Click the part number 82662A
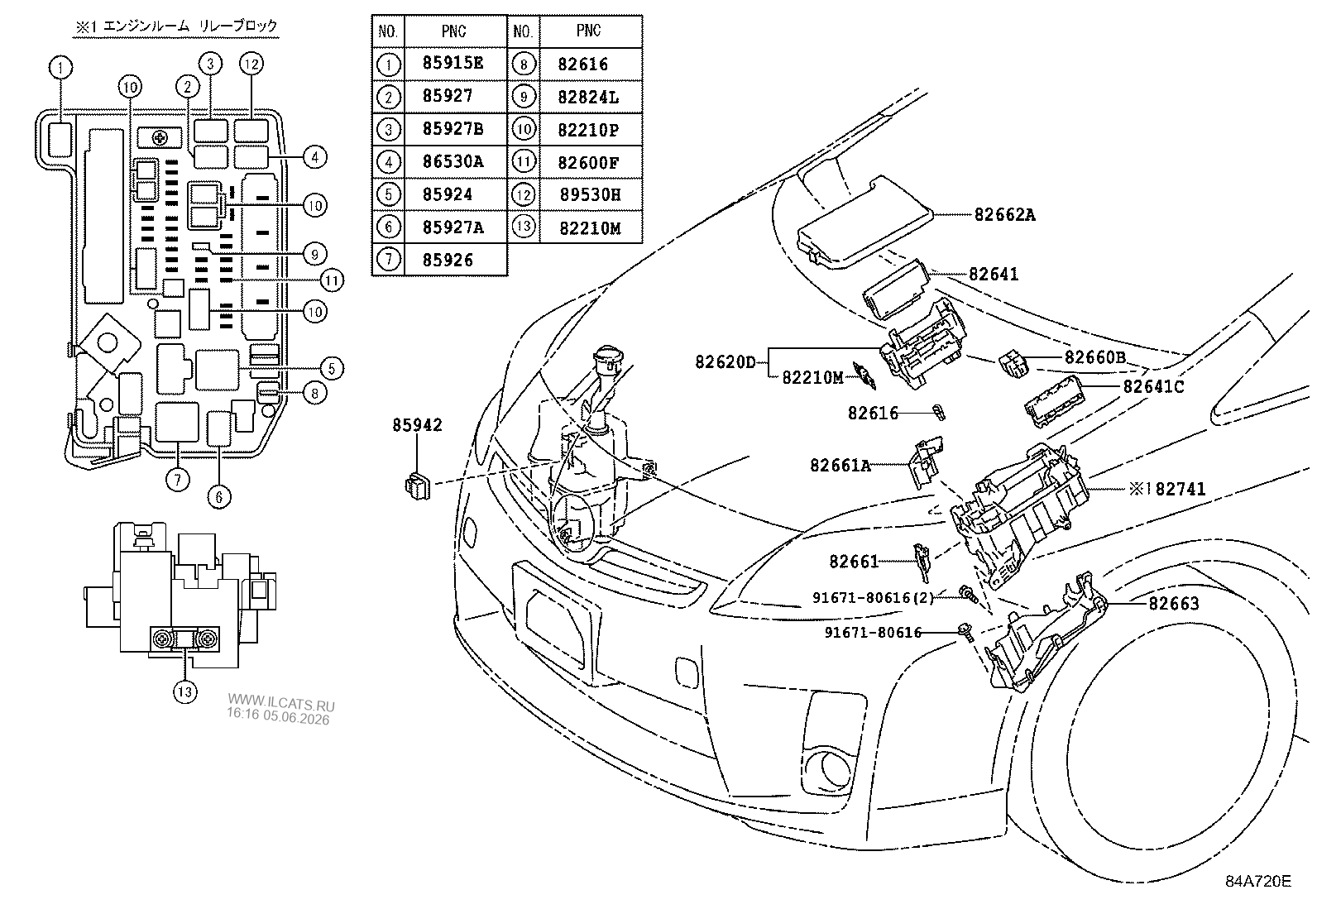coord(1004,214)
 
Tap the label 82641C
coord(1153,386)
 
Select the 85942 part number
coord(417,424)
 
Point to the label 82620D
coord(725,361)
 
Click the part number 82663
coord(1174,603)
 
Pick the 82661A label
coord(840,465)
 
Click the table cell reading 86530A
coord(453,161)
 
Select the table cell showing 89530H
coord(590,194)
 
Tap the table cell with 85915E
coord(453,64)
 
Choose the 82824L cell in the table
coord(588,97)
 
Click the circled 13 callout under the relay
coord(185,691)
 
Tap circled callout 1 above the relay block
coord(60,68)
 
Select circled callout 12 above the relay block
coord(251,64)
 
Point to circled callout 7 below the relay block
coord(178,480)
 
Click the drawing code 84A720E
coord(1258,881)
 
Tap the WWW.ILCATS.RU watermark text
coord(281,702)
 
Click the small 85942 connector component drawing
coord(418,486)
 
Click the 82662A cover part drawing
coord(864,221)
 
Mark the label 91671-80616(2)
coord(873,597)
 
